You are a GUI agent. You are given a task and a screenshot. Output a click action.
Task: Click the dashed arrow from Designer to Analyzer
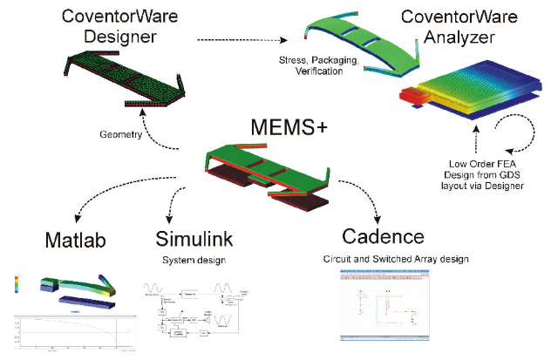coord(240,39)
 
